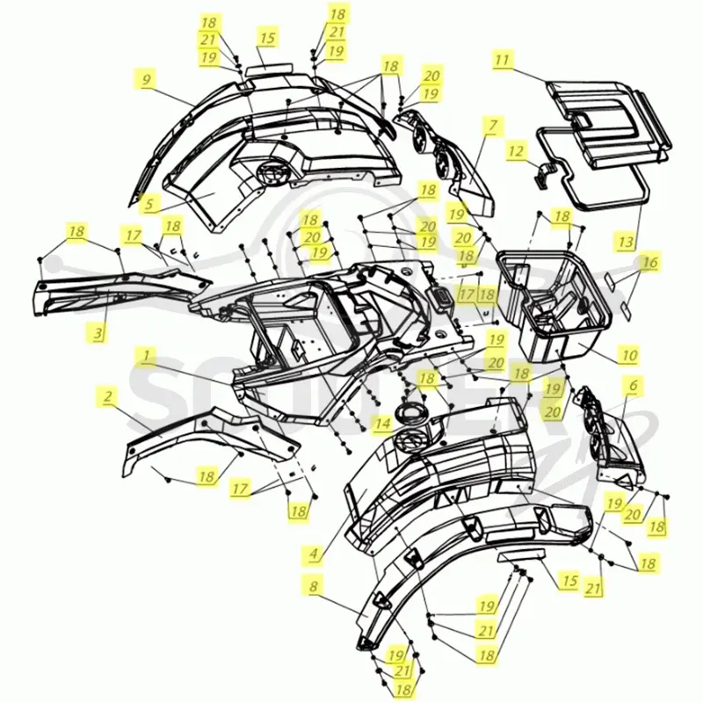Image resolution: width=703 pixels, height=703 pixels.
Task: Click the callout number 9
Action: coord(147,80)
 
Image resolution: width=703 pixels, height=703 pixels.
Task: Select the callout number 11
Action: coord(503,59)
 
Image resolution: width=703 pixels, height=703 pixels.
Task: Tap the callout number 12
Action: coord(516,150)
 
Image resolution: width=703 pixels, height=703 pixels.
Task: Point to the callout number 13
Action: coord(626,243)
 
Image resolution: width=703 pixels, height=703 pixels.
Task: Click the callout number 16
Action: coord(650,262)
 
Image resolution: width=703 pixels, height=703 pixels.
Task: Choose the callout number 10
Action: coord(629,355)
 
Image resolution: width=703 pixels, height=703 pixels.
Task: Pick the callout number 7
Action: coord(493,125)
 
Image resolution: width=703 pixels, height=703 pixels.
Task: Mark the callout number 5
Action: coord(149,204)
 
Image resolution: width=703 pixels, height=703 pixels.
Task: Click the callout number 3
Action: coord(98,333)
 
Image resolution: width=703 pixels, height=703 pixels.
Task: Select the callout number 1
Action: coord(146,356)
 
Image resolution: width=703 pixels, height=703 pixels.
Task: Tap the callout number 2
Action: coord(107,396)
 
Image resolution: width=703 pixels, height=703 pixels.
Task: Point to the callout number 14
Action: coord(382,423)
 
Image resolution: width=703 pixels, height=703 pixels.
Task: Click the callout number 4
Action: coord(314,554)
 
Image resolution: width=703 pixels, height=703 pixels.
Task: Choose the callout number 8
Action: coord(314,585)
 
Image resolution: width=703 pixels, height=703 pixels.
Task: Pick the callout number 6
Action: coord(633,385)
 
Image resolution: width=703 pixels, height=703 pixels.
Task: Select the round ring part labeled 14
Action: coord(409,411)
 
